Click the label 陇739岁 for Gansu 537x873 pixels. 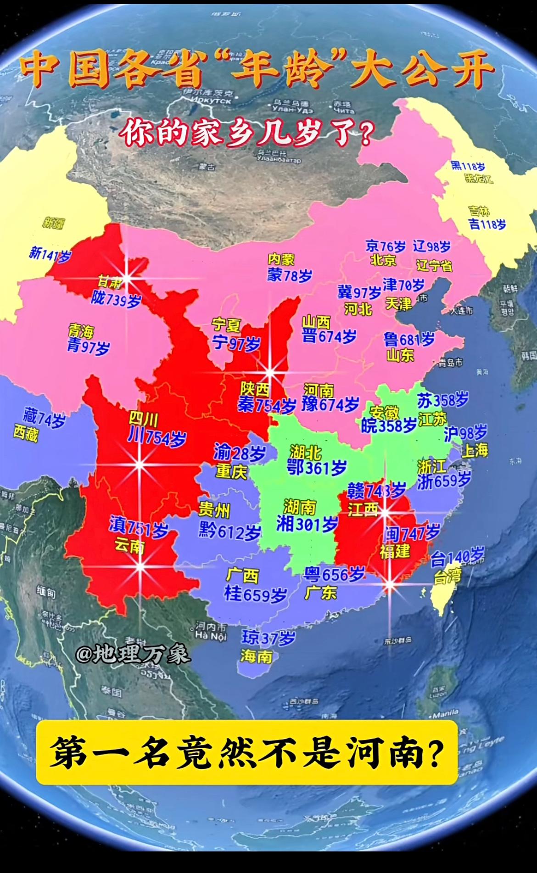coord(116,300)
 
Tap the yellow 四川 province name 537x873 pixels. coord(143,419)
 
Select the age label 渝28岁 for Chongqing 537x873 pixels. coord(239,454)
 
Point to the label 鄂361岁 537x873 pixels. coord(316,468)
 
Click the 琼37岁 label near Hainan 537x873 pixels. coord(268,638)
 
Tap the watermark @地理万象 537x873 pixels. coord(133,654)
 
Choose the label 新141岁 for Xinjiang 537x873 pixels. coord(50,254)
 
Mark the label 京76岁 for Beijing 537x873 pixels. coord(386,246)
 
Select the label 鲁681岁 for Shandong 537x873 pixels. coord(409,340)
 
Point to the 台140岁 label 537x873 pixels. coord(457,557)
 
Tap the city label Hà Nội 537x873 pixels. coord(211,636)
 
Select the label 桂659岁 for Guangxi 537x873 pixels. coord(255,594)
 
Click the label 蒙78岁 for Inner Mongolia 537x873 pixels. coord(290,275)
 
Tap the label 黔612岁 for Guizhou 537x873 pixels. coord(229,532)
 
